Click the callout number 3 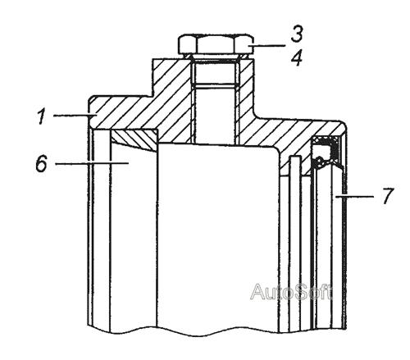tap(297, 34)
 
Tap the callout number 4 tap(297, 58)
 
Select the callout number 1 tap(42, 116)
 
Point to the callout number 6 tap(42, 163)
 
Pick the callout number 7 tap(388, 196)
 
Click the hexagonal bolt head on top tap(216, 43)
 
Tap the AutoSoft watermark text tap(292, 292)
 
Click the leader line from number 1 tap(73, 116)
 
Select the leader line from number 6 tap(92, 163)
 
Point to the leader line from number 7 tap(354, 196)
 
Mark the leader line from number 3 tap(269, 45)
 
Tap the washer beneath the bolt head tap(216, 56)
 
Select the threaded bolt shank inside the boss tap(214, 101)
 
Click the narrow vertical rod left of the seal tap(295, 244)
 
